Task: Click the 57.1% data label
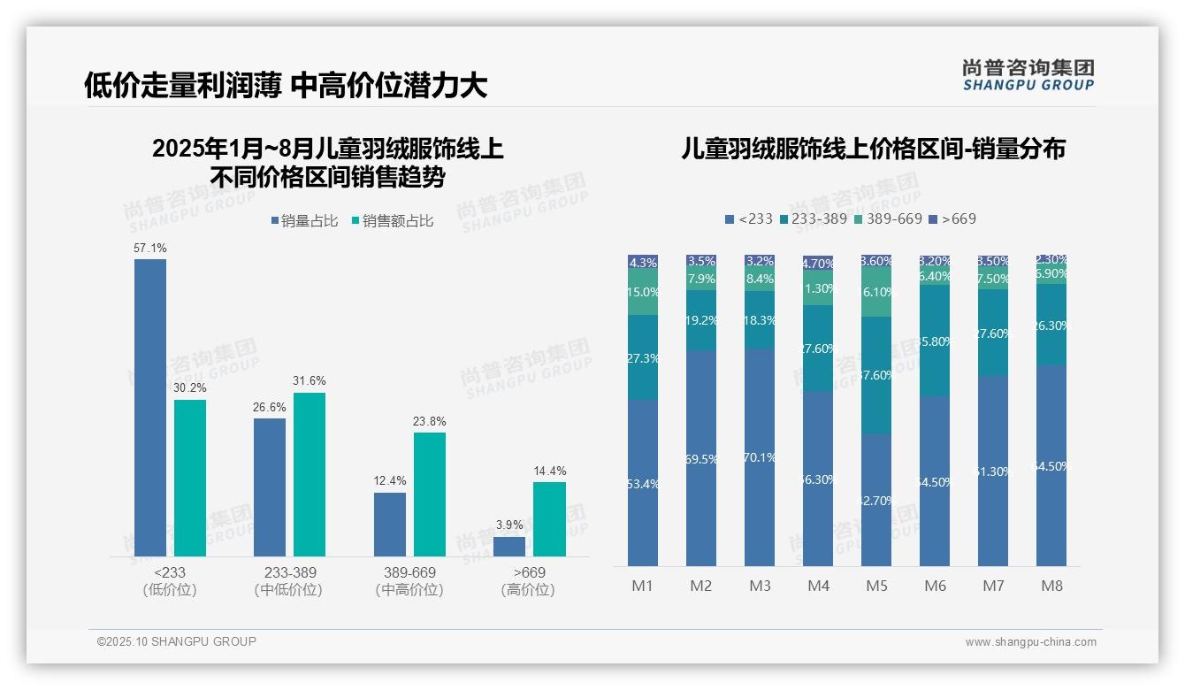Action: [149, 249]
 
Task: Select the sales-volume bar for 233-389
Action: [270, 487]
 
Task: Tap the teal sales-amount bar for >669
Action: [549, 519]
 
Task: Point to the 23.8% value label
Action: [429, 421]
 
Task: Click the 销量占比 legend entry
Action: [303, 221]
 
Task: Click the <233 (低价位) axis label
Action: [169, 581]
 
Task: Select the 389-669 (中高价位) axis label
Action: [409, 581]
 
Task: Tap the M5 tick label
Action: [876, 586]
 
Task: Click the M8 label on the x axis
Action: [1051, 586]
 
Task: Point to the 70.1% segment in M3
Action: [760, 457]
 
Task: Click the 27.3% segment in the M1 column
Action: [643, 357]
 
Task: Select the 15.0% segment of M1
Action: [643, 292]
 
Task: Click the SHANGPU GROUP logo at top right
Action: [1028, 75]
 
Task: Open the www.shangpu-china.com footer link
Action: [1030, 642]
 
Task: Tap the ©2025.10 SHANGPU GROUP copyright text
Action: [177, 641]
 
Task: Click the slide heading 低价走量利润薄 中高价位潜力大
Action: [286, 85]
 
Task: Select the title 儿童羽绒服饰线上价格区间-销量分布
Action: [873, 149]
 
